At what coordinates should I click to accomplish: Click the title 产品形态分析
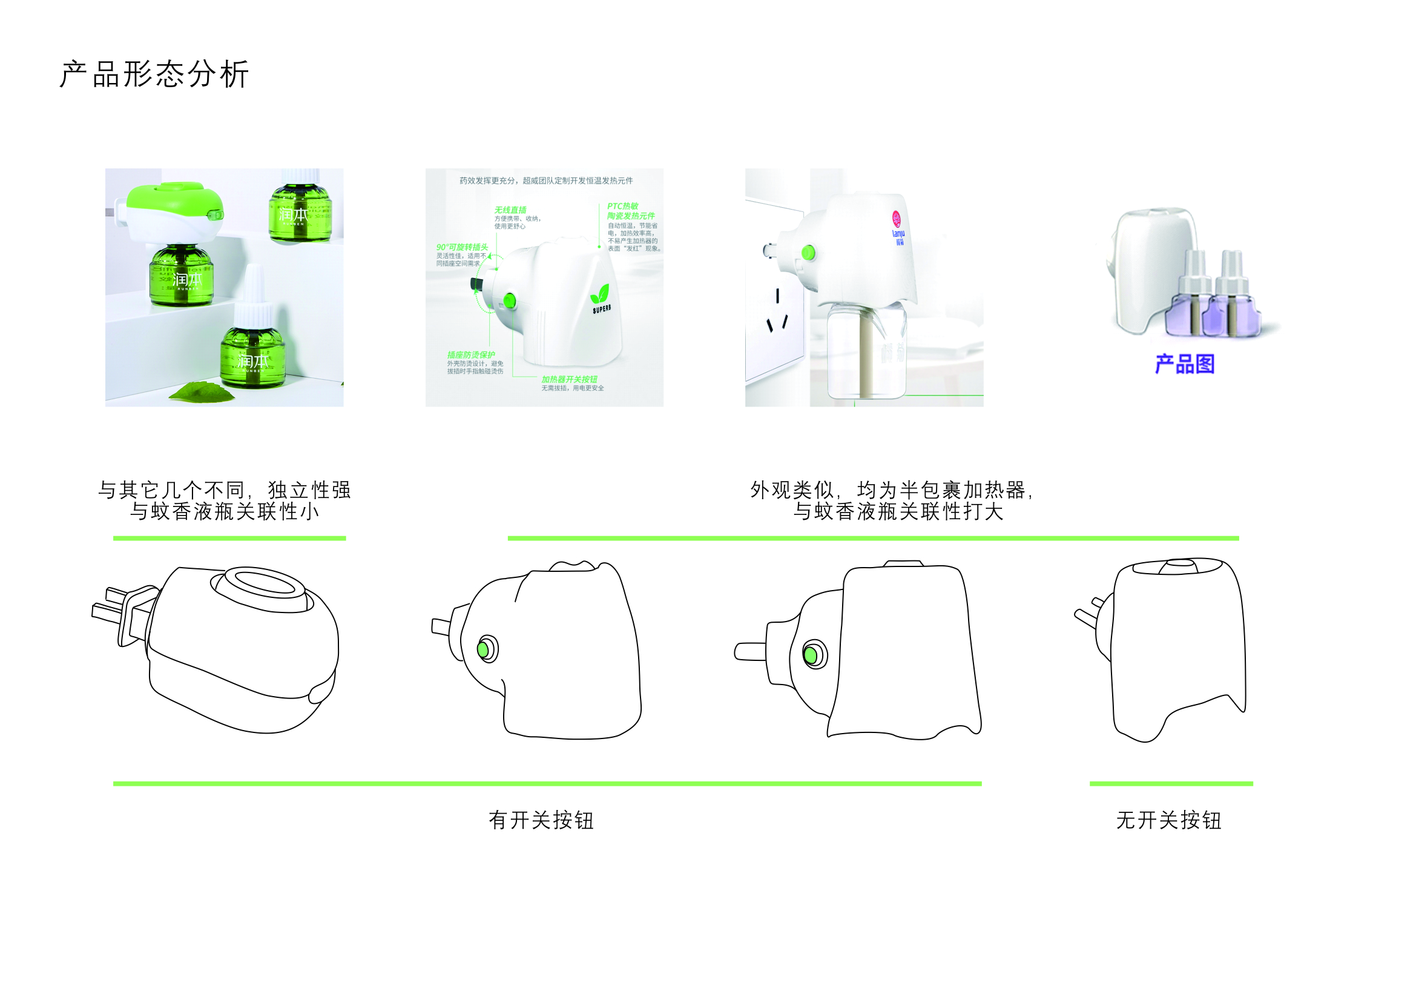154,75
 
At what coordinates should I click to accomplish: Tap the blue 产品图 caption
1184,364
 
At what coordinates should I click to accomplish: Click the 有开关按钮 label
541,820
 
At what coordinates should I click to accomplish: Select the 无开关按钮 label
1168,820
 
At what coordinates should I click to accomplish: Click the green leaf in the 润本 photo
202,392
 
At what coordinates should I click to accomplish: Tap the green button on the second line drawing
484,649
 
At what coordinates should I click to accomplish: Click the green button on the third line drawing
812,655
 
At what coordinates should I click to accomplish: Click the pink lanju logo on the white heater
897,220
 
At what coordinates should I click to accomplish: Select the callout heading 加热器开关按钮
569,379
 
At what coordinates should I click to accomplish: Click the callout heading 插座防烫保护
471,355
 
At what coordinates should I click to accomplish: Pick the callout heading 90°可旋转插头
462,247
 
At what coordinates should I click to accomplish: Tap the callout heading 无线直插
510,210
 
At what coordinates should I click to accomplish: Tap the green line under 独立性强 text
229,539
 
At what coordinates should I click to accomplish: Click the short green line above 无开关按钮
1171,783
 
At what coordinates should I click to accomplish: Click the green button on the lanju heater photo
808,253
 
